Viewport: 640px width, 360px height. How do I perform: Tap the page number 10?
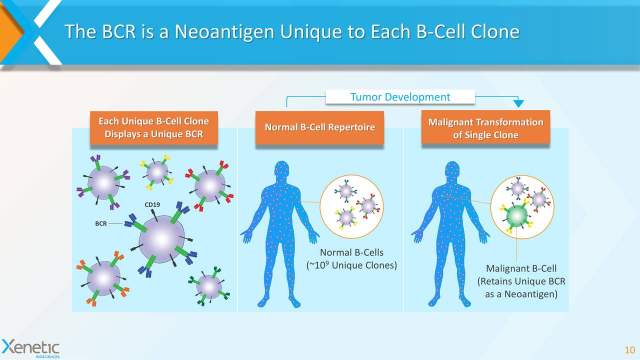tap(629, 349)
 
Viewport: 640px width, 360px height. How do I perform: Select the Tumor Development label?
tap(400, 97)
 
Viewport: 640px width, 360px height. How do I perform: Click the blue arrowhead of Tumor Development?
tap(519, 103)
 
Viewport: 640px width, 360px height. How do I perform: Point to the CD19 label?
tap(152, 205)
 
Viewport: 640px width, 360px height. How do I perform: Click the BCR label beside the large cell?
tap(101, 223)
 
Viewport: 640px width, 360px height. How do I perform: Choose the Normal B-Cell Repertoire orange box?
tap(319, 127)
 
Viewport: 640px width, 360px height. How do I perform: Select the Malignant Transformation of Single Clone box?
tap(485, 128)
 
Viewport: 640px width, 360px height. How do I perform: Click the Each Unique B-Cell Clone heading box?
tap(153, 128)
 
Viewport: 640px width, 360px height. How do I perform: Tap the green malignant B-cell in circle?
tap(517, 216)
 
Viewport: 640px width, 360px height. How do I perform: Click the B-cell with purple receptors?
tap(103, 182)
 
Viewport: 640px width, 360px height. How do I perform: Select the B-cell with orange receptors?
tap(103, 278)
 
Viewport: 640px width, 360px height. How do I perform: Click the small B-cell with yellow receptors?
tap(157, 172)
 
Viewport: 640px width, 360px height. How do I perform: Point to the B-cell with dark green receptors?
tap(209, 286)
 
